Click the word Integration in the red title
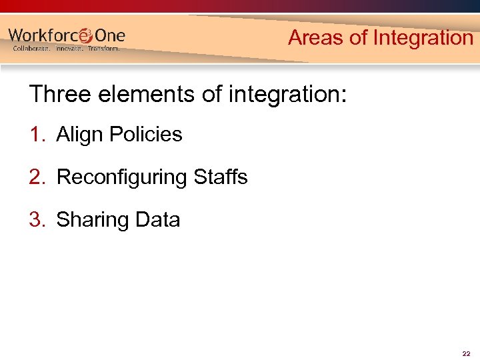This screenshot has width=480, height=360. pyautogui.click(x=423, y=38)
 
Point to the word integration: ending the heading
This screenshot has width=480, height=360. pyautogui.click(x=287, y=94)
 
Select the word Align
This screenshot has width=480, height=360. pyautogui.click(x=80, y=135)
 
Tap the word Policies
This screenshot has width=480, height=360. pyautogui.click(x=146, y=135)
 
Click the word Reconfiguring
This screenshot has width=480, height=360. pyautogui.click(x=123, y=177)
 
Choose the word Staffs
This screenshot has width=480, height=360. pyautogui.click(x=221, y=177)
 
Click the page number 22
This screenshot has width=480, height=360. pyautogui.click(x=466, y=353)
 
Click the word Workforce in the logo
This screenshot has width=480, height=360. pyautogui.click(x=43, y=35)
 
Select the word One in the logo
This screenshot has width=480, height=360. pyautogui.click(x=109, y=35)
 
